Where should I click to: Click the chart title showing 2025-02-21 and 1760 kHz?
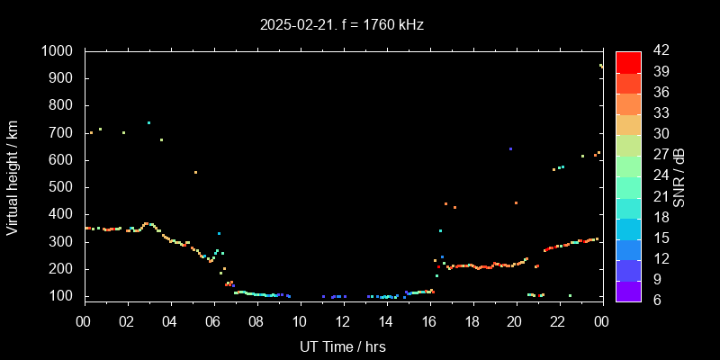(x=341, y=25)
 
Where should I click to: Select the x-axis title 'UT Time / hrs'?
(x=342, y=346)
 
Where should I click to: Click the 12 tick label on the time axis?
(x=342, y=321)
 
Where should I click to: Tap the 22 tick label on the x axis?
(x=557, y=321)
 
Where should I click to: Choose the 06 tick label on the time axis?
(x=213, y=321)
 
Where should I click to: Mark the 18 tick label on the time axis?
(x=472, y=321)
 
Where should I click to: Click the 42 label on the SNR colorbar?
(x=658, y=51)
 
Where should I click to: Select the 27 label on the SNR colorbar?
(x=658, y=155)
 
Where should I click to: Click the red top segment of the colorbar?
(x=628, y=61)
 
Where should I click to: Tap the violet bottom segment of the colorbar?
(x=628, y=290)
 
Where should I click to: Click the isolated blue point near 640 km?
(x=510, y=149)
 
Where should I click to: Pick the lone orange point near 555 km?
(x=195, y=172)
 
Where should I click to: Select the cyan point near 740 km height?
(x=148, y=122)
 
